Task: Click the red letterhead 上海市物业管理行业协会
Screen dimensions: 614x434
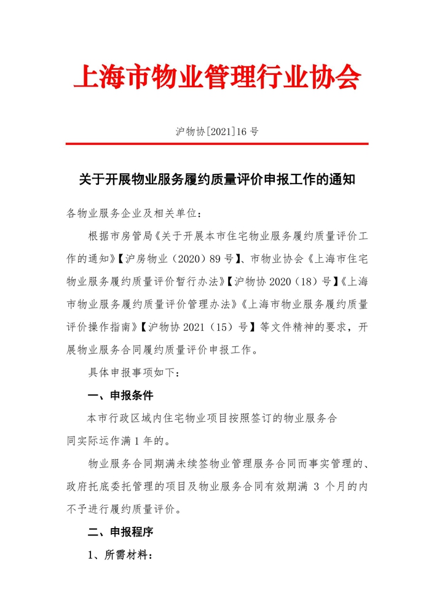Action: [216, 77]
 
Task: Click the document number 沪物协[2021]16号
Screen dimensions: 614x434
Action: [216, 131]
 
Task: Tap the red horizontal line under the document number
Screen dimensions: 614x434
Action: [216, 144]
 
